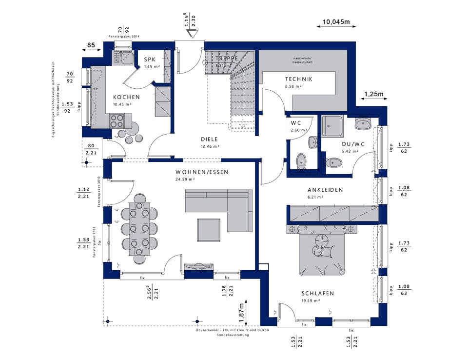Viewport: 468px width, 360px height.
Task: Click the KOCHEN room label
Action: [126, 97]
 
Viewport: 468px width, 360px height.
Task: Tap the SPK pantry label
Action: [149, 60]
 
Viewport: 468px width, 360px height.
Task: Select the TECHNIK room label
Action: [299, 79]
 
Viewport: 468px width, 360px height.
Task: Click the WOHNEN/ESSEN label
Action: [202, 172]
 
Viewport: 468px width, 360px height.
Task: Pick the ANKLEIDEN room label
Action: [325, 190]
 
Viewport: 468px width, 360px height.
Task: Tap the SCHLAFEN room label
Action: [317, 293]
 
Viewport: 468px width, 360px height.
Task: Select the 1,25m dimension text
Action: [374, 94]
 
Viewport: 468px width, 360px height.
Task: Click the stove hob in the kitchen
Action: [117, 120]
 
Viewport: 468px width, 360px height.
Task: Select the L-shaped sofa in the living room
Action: [219, 207]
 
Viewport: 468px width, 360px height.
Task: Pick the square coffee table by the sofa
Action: [209, 229]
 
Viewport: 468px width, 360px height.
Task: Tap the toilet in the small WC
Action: [301, 159]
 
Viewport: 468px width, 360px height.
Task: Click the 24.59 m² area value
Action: [186, 180]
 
